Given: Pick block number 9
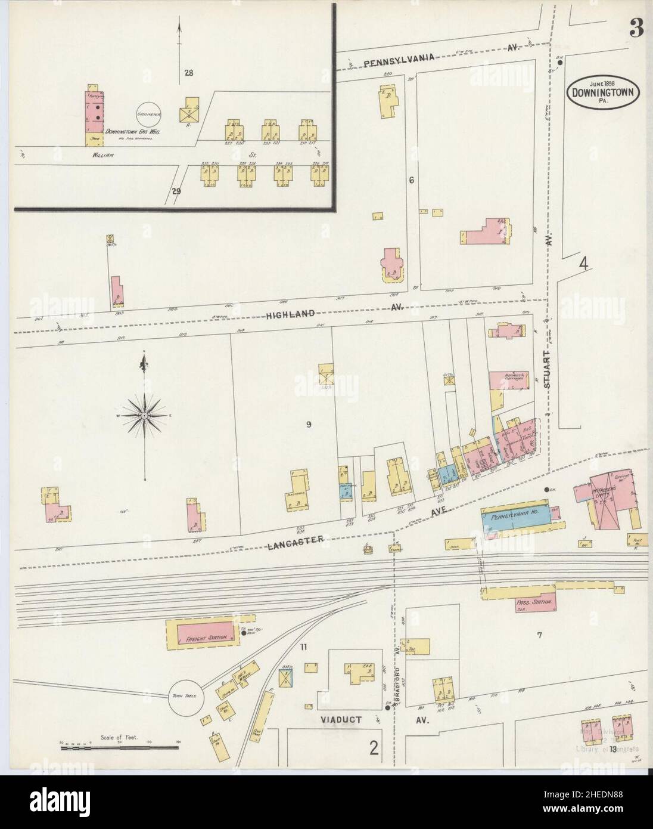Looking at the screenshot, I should tap(309, 425).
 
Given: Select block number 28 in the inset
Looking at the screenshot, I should tap(189, 73).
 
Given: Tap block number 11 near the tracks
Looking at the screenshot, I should tap(303, 647).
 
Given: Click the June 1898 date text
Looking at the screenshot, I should tap(604, 82).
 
